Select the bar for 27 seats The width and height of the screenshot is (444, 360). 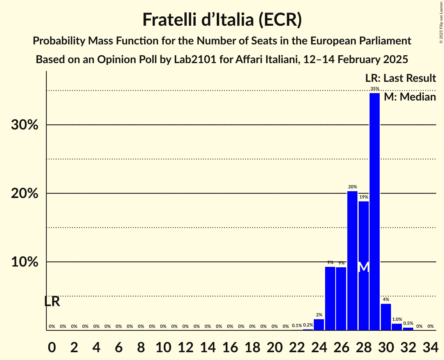[x=352, y=261]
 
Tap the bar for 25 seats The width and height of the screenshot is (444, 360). [x=330, y=298]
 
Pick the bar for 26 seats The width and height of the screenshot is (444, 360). [x=341, y=298]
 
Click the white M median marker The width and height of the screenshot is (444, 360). [x=364, y=267]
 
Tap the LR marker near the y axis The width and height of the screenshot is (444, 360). [x=52, y=302]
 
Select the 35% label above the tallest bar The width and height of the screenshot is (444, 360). [x=375, y=89]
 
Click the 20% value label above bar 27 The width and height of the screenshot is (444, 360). [x=352, y=187]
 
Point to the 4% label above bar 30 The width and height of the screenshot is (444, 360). [x=386, y=300]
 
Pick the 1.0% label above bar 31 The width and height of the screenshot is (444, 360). [x=397, y=319]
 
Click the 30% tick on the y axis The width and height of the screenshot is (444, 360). [x=25, y=125]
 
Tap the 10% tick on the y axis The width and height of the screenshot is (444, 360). [x=25, y=262]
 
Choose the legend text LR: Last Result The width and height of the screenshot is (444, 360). [x=400, y=78]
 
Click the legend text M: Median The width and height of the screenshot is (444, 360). [x=410, y=97]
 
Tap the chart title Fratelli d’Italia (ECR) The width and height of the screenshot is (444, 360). [x=222, y=20]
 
